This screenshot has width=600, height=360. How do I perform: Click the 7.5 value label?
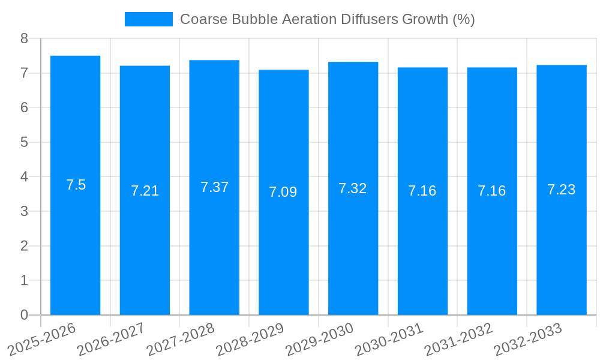pos(76,185)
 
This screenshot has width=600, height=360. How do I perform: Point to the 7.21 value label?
pos(145,191)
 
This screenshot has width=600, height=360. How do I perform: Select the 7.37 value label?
pos(214,187)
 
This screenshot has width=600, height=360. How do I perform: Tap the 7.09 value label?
pos(283,192)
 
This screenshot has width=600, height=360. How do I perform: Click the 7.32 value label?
pos(352,188)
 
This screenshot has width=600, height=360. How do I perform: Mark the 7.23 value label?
pos(561,190)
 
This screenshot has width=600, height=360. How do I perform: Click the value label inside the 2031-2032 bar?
pos(491,191)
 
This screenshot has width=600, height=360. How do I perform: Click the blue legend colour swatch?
pos(148,19)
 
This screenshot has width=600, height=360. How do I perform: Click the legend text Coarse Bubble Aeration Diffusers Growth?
pos(327,19)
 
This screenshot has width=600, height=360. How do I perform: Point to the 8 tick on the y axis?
pos(24,39)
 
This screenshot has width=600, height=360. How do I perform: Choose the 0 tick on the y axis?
pos(24,315)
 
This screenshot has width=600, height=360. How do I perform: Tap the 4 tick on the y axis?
pos(24,177)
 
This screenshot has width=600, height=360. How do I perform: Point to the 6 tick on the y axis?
pos(24,108)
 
